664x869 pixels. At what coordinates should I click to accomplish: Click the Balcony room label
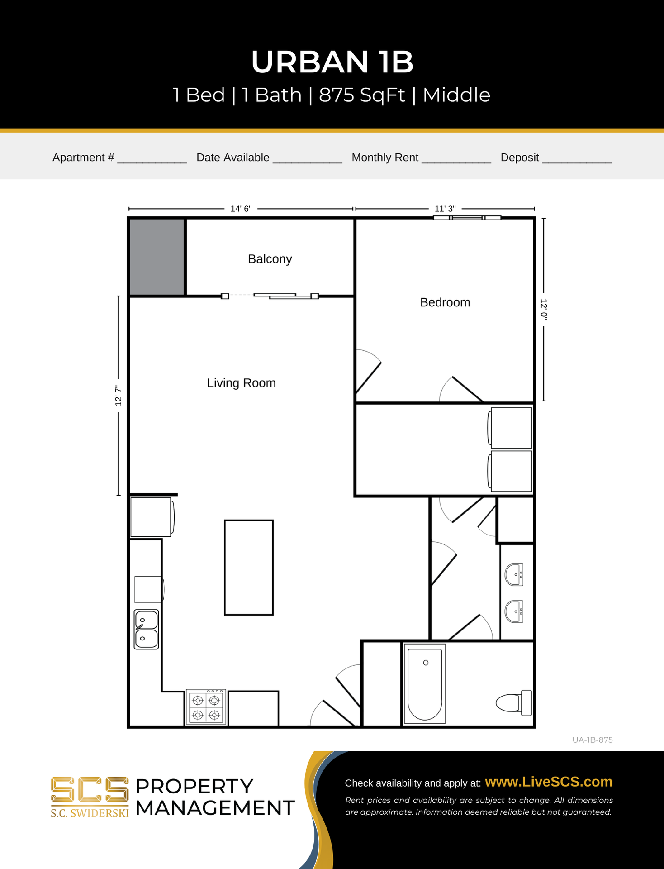(x=270, y=259)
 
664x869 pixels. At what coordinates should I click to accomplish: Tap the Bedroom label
(x=445, y=302)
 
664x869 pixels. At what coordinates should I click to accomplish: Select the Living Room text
(x=242, y=383)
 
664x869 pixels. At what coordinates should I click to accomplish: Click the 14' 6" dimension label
(x=241, y=209)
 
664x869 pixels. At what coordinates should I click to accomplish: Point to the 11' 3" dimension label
(x=445, y=209)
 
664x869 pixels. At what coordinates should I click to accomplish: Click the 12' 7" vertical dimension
(x=119, y=396)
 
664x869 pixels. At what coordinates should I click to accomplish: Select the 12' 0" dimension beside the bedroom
(x=544, y=310)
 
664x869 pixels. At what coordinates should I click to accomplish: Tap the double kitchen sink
(x=147, y=630)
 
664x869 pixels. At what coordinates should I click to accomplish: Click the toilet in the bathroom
(x=514, y=703)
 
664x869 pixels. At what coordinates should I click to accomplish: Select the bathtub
(x=425, y=683)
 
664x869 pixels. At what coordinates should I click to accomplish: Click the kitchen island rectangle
(x=249, y=568)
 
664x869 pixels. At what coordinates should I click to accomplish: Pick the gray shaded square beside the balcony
(x=157, y=257)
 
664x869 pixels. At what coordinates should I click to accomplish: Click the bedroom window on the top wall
(x=467, y=218)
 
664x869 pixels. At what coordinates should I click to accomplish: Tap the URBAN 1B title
(x=332, y=62)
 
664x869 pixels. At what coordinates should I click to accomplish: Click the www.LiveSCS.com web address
(x=549, y=782)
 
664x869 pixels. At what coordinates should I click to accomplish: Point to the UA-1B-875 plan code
(x=593, y=740)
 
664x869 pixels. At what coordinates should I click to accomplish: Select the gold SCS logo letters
(x=90, y=790)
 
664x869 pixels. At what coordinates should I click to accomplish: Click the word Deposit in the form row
(x=520, y=158)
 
